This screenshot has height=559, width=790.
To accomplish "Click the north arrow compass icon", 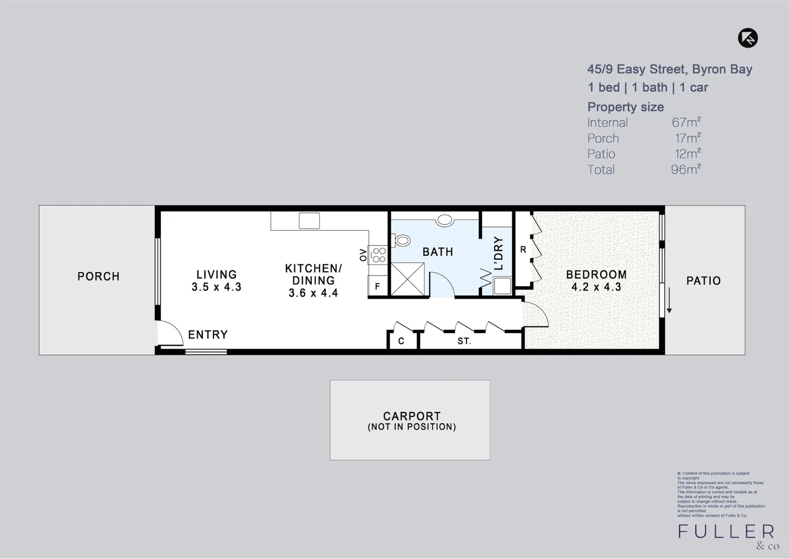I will coord(748,38).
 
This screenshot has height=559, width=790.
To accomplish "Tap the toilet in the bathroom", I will coord(401,241).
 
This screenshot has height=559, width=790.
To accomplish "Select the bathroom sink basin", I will coord(444,220).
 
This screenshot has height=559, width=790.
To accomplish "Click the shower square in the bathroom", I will coord(408,279).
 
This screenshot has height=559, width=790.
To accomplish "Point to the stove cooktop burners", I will coord(379,255).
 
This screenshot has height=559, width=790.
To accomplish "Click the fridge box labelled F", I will coord(378,286).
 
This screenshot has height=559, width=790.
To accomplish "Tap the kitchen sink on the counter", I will coord(309,220).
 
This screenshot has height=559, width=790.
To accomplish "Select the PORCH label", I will coord(98,276).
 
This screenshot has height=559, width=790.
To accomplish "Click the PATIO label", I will coord(703,281).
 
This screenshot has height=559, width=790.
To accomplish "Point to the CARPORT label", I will coord(412,416).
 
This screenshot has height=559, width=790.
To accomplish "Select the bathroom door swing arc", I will coord(441,285).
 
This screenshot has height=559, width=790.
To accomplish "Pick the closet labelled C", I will coord(401,341).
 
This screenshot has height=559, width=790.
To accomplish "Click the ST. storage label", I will coord(464,341).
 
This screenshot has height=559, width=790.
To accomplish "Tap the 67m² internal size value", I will coord(686,123).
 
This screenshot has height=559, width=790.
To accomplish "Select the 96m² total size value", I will coord(686,169).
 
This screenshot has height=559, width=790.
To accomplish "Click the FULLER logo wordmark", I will coord(726,532).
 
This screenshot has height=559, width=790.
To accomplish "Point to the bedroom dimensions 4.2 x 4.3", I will coord(596,287).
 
